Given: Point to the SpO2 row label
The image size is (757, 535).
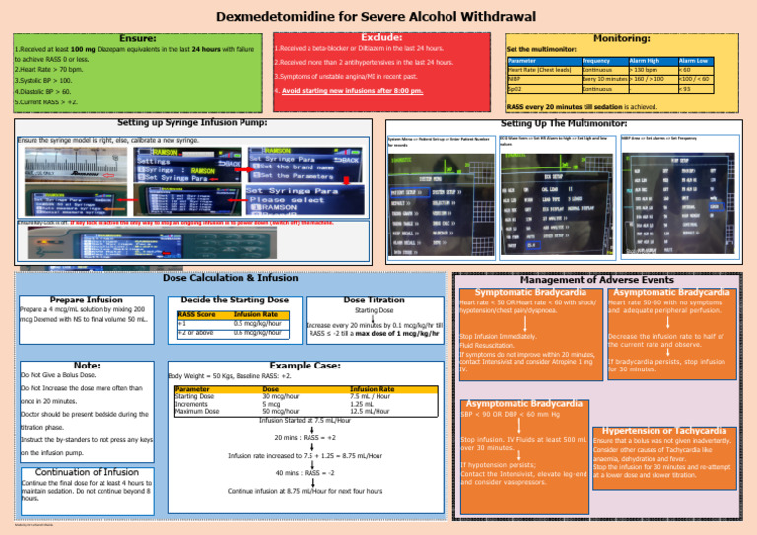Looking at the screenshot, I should coord(515,89).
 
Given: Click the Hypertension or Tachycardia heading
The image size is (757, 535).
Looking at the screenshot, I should coord(678,430).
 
